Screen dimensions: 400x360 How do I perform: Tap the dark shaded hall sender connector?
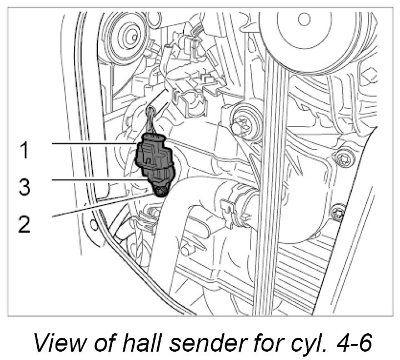pyautogui.click(x=156, y=158)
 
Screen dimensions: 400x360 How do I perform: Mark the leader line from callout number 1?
pyautogui.click(x=94, y=144)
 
